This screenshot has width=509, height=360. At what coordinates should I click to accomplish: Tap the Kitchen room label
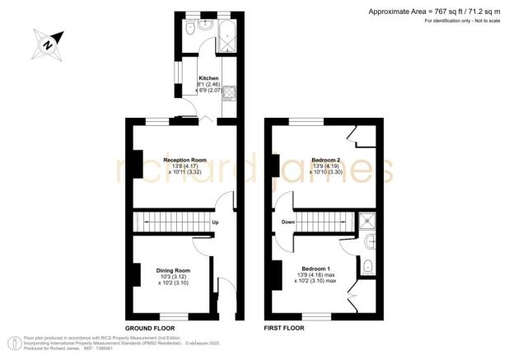coord(208,77)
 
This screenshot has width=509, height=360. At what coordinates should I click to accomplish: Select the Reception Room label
coord(184,159)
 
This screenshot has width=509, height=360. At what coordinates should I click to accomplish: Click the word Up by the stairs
coord(215,222)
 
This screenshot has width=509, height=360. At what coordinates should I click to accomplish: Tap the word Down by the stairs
coord(288,222)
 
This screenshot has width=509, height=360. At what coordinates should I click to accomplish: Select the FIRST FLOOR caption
coord(286,328)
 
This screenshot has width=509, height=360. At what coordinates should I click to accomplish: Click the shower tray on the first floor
coord(367,220)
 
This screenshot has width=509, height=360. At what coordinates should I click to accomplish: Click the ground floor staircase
coord(170,221)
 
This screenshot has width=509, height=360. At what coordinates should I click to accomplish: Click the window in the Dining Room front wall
coord(173,316)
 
